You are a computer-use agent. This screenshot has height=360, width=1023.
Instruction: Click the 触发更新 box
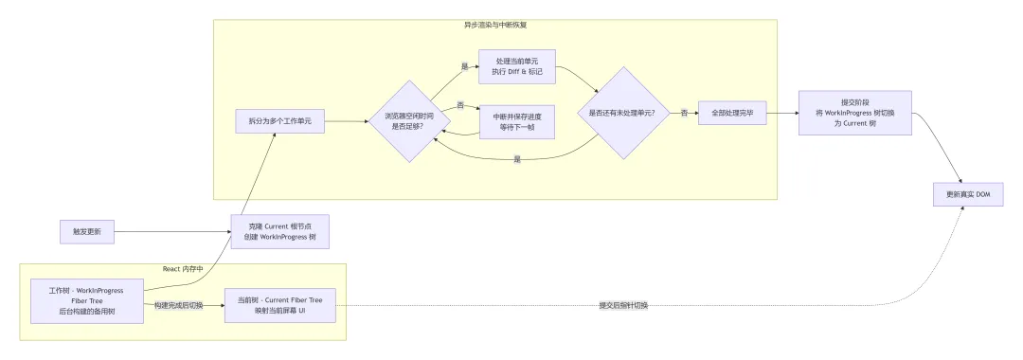pos(86,231)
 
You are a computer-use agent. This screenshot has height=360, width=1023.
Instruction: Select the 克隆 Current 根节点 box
pos(279,231)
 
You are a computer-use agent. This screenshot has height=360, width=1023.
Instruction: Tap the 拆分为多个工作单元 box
pos(279,121)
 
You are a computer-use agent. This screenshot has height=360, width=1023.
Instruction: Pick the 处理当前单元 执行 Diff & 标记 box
pos(516,66)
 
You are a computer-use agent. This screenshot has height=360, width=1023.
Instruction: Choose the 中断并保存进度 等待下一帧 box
pos(517,122)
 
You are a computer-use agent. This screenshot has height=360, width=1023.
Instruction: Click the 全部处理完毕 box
pos(732,113)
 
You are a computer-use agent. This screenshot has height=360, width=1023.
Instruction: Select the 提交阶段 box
pos(854,113)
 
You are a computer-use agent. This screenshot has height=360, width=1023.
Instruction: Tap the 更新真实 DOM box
pos(968,195)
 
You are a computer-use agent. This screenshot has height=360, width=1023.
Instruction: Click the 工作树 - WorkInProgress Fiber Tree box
pos(87,300)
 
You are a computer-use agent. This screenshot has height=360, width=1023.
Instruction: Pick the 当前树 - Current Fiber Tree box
pos(279,305)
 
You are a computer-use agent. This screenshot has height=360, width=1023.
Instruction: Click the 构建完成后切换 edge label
pos(179,305)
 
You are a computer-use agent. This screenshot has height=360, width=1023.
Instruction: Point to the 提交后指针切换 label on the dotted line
pos(623,305)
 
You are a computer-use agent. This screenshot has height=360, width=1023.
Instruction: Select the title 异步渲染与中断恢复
pos(495,25)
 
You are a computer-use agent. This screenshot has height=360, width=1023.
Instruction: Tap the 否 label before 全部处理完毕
pos(685,113)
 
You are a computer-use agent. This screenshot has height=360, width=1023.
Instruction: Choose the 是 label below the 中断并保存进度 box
pos(517,159)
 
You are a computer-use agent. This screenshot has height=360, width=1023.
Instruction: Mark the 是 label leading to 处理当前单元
pos(465,66)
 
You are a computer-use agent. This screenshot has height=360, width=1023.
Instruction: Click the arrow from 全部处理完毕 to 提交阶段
pos(782,113)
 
